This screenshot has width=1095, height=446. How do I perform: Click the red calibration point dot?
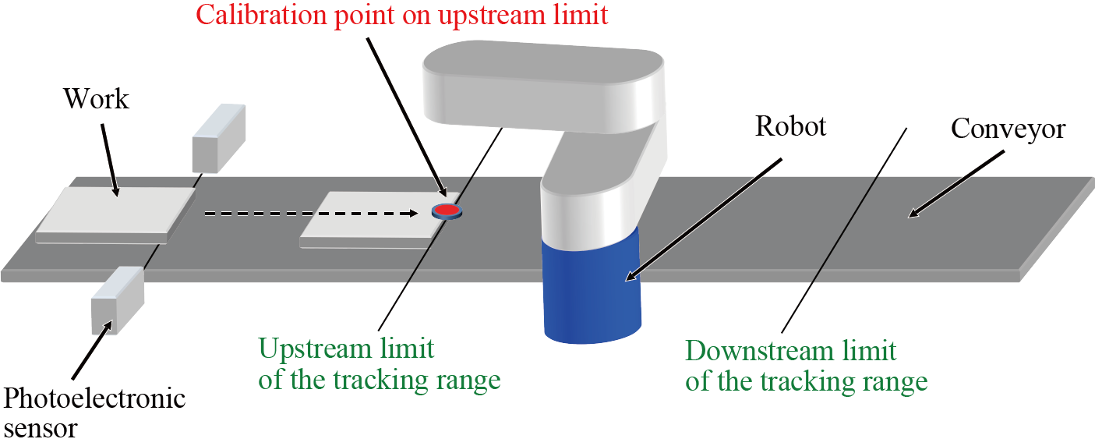point(446,210)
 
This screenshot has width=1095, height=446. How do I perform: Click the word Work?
point(96,99)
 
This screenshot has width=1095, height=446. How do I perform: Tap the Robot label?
point(790,126)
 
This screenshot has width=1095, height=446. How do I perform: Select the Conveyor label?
point(1008,128)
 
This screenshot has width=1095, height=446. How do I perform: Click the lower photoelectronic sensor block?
point(117,299)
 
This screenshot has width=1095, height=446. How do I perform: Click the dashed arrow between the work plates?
point(312,212)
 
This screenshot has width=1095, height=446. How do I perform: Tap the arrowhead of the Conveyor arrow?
point(914,212)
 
